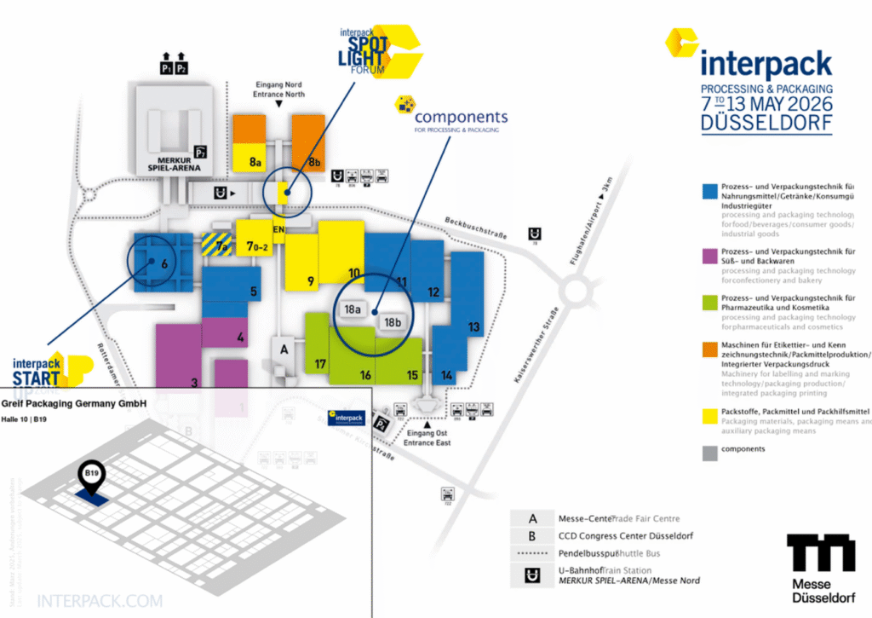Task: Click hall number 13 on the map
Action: tap(473, 327)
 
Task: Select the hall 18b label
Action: tap(393, 322)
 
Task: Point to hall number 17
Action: tap(320, 365)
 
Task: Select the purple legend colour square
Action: tap(708, 255)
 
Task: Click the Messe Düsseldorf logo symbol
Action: tap(820, 555)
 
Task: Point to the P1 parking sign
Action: tap(166, 67)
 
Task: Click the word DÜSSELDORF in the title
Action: tap(766, 123)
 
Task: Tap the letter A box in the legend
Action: tap(532, 518)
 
